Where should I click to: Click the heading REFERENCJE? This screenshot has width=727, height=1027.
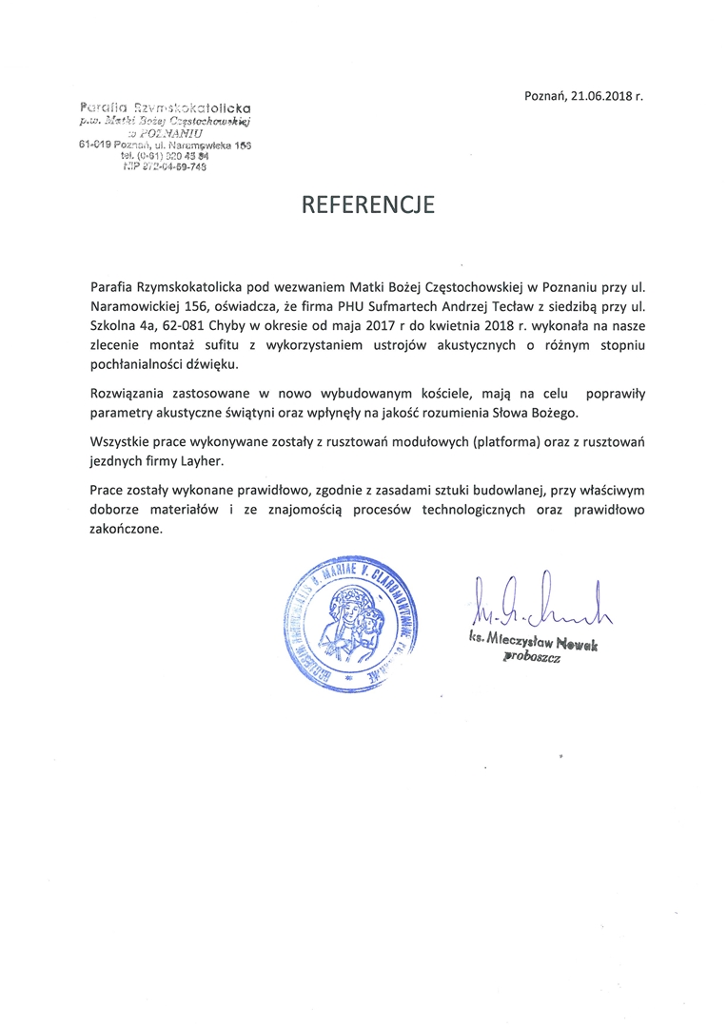coord(368,204)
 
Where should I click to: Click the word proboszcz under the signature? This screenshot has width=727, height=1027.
coord(532,656)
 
